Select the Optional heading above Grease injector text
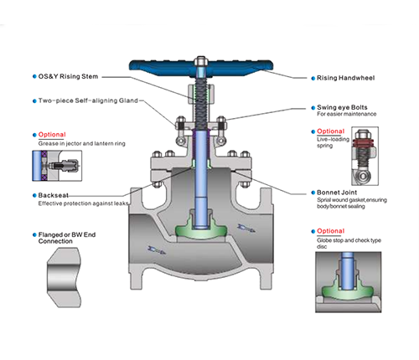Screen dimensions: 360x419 click(x=52, y=134)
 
